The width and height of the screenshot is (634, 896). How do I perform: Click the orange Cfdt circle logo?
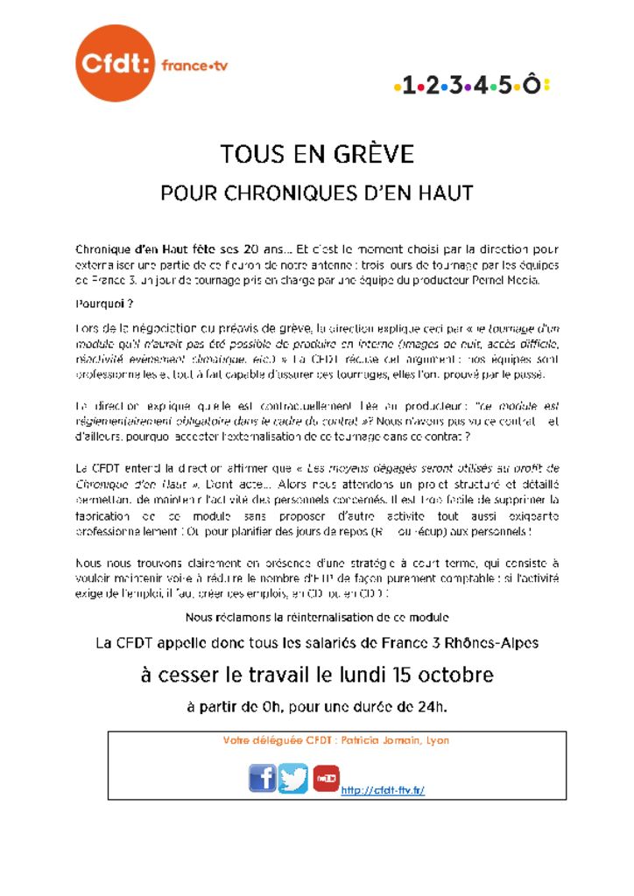[115, 63]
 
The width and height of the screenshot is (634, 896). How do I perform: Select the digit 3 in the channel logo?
[457, 85]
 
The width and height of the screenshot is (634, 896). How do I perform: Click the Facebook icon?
[263, 777]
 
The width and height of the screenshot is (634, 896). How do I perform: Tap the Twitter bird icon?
[294, 777]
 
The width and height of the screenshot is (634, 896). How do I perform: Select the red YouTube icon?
[326, 777]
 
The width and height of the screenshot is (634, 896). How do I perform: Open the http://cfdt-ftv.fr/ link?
[383, 790]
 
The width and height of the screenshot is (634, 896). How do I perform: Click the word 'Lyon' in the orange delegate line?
[437, 740]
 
